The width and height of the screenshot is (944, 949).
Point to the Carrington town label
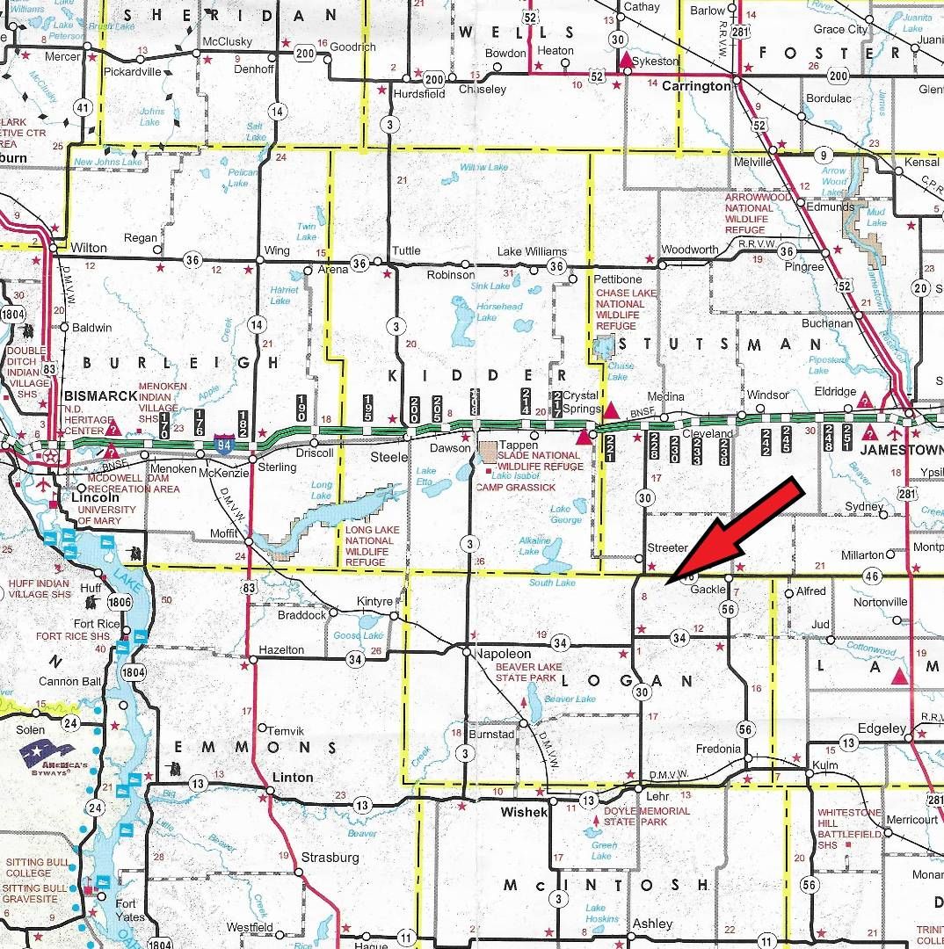tap(696, 86)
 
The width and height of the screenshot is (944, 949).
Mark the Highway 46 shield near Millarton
tap(871, 576)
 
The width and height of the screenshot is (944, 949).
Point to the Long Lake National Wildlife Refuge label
tap(372, 545)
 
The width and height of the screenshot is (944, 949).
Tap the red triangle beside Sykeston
tap(625, 61)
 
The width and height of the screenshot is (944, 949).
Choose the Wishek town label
tap(524, 812)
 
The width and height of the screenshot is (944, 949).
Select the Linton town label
tap(293, 778)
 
